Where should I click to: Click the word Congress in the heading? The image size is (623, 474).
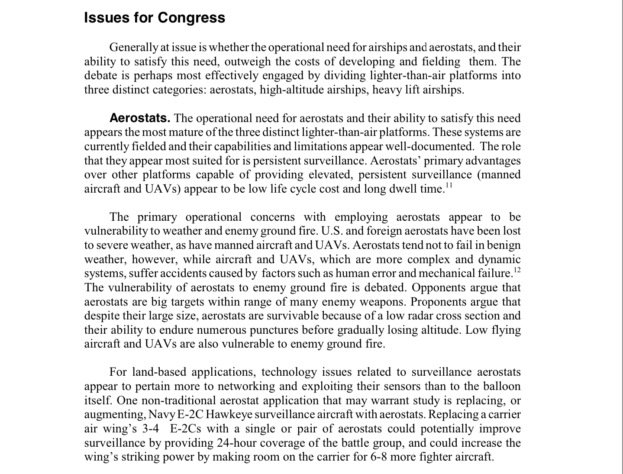click(x=191, y=18)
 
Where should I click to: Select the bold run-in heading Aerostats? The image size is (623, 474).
click(x=140, y=118)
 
